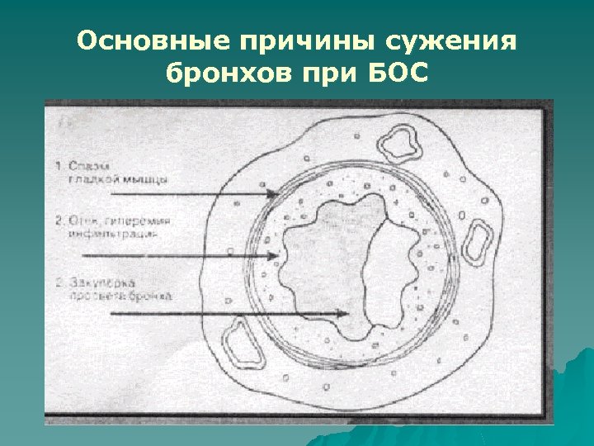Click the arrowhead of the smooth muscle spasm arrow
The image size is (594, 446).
click(x=274, y=194)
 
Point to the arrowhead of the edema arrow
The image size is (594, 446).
click(x=275, y=256)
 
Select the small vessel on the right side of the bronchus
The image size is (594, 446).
click(x=477, y=239)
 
